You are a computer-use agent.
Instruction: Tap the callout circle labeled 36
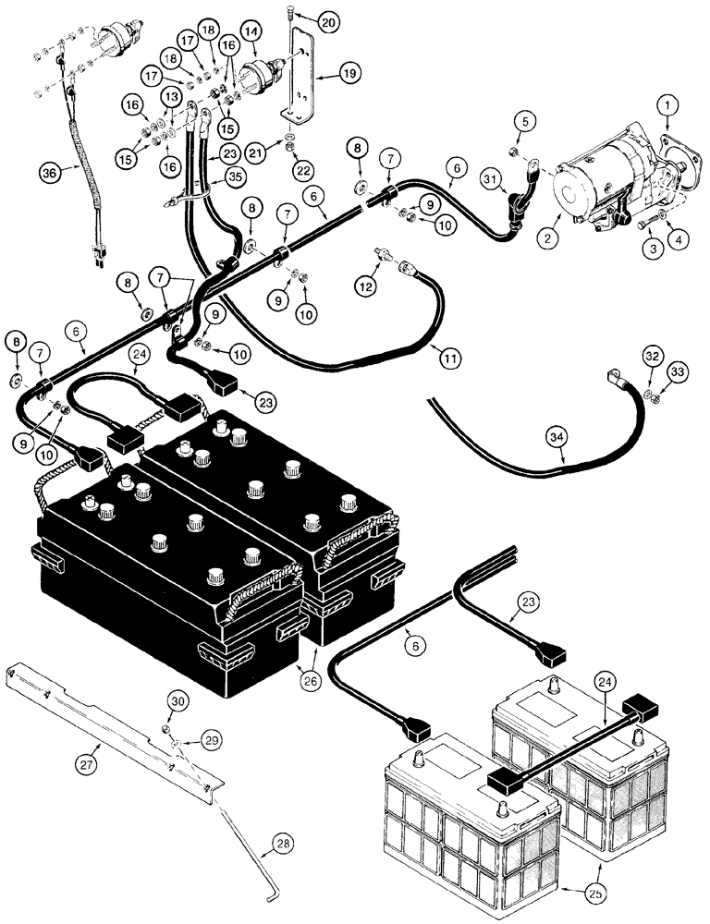click(x=53, y=171)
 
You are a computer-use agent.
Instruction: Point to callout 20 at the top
click(x=302, y=19)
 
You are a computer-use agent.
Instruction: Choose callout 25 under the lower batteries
click(x=570, y=895)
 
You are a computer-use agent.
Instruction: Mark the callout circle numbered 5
click(x=524, y=121)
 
